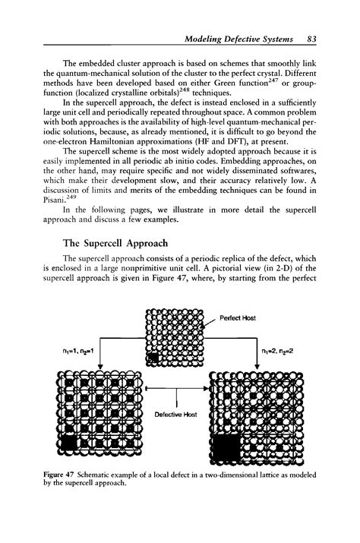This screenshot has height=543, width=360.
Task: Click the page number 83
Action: pos(311,35)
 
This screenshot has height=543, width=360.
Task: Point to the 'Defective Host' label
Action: pos(176,415)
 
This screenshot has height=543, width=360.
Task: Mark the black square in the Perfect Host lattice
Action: pos(153,355)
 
